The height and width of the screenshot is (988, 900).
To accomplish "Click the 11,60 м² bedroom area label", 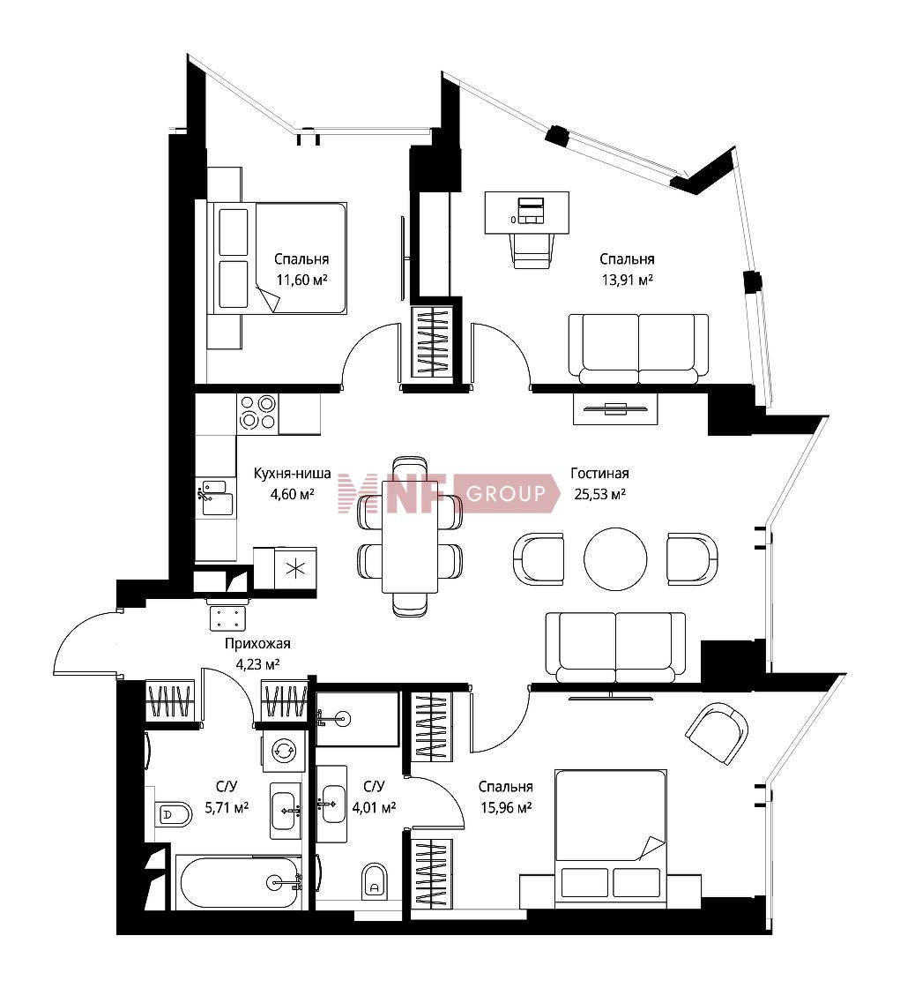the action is point(301,280).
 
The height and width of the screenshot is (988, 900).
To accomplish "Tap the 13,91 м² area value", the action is point(627,280).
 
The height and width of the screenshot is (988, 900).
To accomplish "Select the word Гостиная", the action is point(599,473).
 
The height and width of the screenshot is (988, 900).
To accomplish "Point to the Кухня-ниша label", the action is point(293,473).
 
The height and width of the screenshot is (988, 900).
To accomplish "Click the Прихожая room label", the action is point(257,644).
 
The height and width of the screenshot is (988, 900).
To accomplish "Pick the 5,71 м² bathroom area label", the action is point(227,807).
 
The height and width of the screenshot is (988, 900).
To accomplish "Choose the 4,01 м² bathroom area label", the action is point(374,807).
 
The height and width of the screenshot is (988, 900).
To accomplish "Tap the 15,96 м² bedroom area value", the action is point(506,807).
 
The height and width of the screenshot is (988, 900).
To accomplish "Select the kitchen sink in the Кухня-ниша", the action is point(216,498).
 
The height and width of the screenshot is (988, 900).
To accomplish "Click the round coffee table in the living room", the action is point(615,558).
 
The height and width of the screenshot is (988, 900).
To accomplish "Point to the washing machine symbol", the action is point(284,751).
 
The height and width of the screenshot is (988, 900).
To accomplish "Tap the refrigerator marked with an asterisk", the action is point(285,568).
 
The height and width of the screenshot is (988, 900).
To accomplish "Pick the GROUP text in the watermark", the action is point(506,493).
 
